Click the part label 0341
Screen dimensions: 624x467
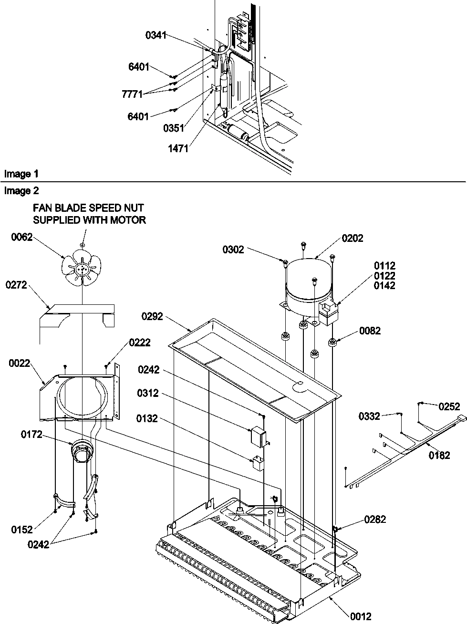click(x=156, y=35)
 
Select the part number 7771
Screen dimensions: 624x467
click(x=132, y=94)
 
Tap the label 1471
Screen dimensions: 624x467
click(x=178, y=148)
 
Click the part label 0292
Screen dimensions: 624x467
click(x=152, y=316)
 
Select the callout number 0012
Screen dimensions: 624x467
click(x=360, y=616)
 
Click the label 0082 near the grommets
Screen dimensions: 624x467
click(x=370, y=331)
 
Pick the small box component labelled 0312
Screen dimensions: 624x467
click(x=258, y=435)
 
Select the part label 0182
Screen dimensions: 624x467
click(x=439, y=455)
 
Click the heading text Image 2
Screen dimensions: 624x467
click(x=21, y=191)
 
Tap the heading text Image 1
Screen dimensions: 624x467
click(x=21, y=174)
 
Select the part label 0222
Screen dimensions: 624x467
click(x=139, y=342)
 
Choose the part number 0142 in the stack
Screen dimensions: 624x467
click(x=384, y=286)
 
